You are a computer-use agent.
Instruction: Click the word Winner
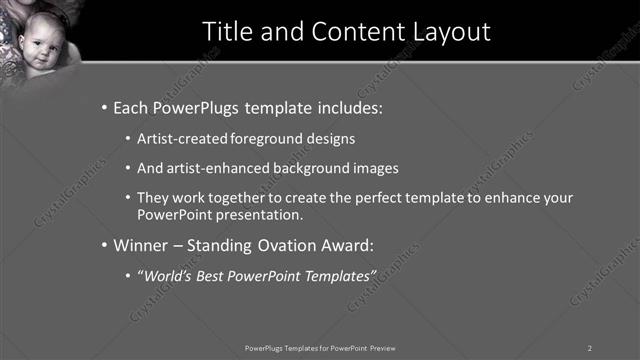(x=141, y=244)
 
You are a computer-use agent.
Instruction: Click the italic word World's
(x=170, y=274)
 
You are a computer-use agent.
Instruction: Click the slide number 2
(x=590, y=347)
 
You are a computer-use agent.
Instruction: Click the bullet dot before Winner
(x=105, y=244)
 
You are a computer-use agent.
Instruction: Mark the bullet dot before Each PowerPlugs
(x=105, y=106)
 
